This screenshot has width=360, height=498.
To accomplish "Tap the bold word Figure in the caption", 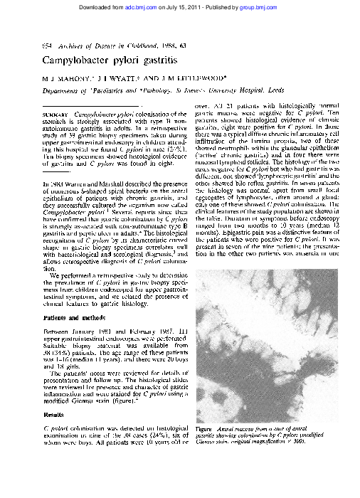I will click(204, 429).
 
